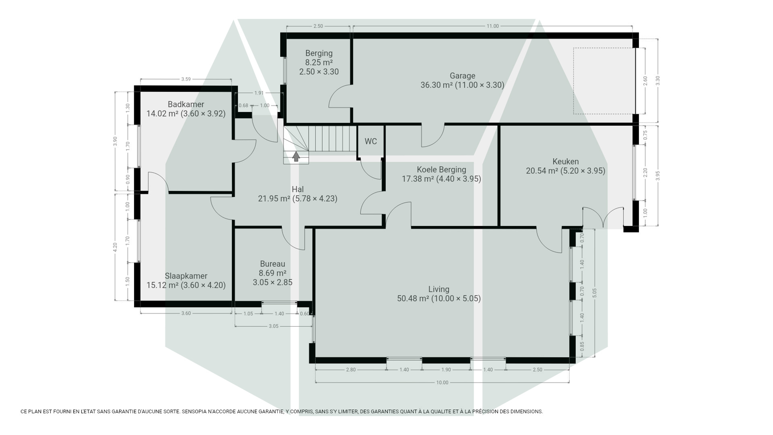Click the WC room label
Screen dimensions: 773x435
pyautogui.click(x=370, y=141)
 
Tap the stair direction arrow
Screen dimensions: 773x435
pyautogui.click(x=296, y=156)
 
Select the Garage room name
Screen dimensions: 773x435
pyautogui.click(x=462, y=76)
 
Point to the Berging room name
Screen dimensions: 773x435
pyautogui.click(x=319, y=53)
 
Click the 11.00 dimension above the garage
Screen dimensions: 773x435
pyautogui.click(x=492, y=26)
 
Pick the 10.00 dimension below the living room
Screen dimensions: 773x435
pyautogui.click(x=442, y=383)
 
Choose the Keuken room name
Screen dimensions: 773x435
pyautogui.click(x=566, y=161)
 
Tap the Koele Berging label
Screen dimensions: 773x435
pyautogui.click(x=441, y=169)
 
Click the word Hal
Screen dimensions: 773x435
pyautogui.click(x=298, y=189)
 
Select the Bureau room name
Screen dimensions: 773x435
pyautogui.click(x=272, y=264)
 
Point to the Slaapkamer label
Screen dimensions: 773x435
pyautogui.click(x=186, y=276)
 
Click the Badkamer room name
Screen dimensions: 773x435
pyautogui.click(x=186, y=104)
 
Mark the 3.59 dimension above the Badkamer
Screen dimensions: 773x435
pyautogui.click(x=186, y=79)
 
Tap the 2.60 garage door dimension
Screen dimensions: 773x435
pyautogui.click(x=645, y=81)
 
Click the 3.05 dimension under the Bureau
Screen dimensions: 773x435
pyautogui.click(x=274, y=326)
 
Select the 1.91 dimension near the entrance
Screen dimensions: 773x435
pyautogui.click(x=259, y=93)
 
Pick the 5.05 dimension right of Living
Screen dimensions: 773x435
pyautogui.click(x=595, y=293)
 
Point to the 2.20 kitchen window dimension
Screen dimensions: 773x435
pyautogui.click(x=645, y=172)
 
